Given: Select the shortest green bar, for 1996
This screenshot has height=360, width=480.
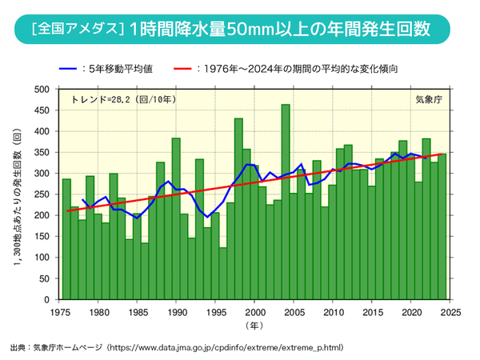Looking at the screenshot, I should [x=223, y=274].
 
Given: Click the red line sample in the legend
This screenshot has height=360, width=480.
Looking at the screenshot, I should [x=197, y=69].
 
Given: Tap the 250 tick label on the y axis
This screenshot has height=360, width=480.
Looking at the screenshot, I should [x=42, y=194].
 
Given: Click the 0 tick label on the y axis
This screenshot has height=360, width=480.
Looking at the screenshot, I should [x=47, y=299].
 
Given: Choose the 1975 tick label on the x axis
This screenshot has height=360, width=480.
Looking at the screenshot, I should [x=58, y=311].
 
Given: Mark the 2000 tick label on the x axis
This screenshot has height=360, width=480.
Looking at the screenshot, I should [x=254, y=311].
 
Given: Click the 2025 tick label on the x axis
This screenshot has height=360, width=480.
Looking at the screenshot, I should [x=450, y=311].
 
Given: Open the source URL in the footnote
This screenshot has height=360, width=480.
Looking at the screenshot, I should [x=239, y=349].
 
